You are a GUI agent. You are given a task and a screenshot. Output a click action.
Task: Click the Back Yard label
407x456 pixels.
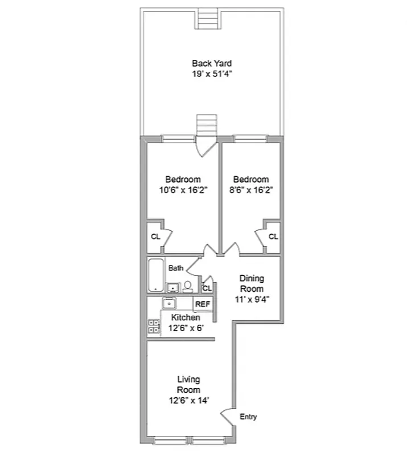click(x=211, y=63)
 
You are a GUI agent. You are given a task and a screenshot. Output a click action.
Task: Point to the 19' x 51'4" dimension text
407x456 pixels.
click(x=211, y=74)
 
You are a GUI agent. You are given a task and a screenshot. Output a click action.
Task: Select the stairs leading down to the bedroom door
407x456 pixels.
click(x=207, y=125)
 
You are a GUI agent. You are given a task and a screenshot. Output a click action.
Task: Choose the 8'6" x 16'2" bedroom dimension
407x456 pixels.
click(x=251, y=190)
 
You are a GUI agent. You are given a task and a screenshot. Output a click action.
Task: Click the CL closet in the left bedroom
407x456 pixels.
click(x=155, y=237)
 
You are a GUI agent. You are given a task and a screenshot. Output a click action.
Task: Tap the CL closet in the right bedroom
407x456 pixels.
click(x=273, y=237)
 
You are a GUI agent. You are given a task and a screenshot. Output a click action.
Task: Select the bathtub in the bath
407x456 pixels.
click(x=156, y=275)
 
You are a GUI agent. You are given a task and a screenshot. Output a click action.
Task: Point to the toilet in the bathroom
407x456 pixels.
click(x=188, y=286)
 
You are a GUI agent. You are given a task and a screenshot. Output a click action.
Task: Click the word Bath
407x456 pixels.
click(x=175, y=267)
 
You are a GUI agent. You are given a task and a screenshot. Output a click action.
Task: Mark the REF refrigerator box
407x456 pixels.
click(x=203, y=304)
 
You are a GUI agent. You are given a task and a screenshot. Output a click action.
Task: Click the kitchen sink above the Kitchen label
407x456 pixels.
click(x=170, y=303)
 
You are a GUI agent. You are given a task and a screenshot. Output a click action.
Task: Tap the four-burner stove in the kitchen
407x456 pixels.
click(x=154, y=326)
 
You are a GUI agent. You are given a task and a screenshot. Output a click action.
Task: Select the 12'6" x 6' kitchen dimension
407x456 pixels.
click(x=186, y=328)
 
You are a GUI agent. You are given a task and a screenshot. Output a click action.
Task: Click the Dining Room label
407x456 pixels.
click(x=251, y=283)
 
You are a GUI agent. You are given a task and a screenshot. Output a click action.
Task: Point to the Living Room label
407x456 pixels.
click(x=188, y=384)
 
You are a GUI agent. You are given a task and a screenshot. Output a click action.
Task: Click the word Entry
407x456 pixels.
click(x=248, y=417)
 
